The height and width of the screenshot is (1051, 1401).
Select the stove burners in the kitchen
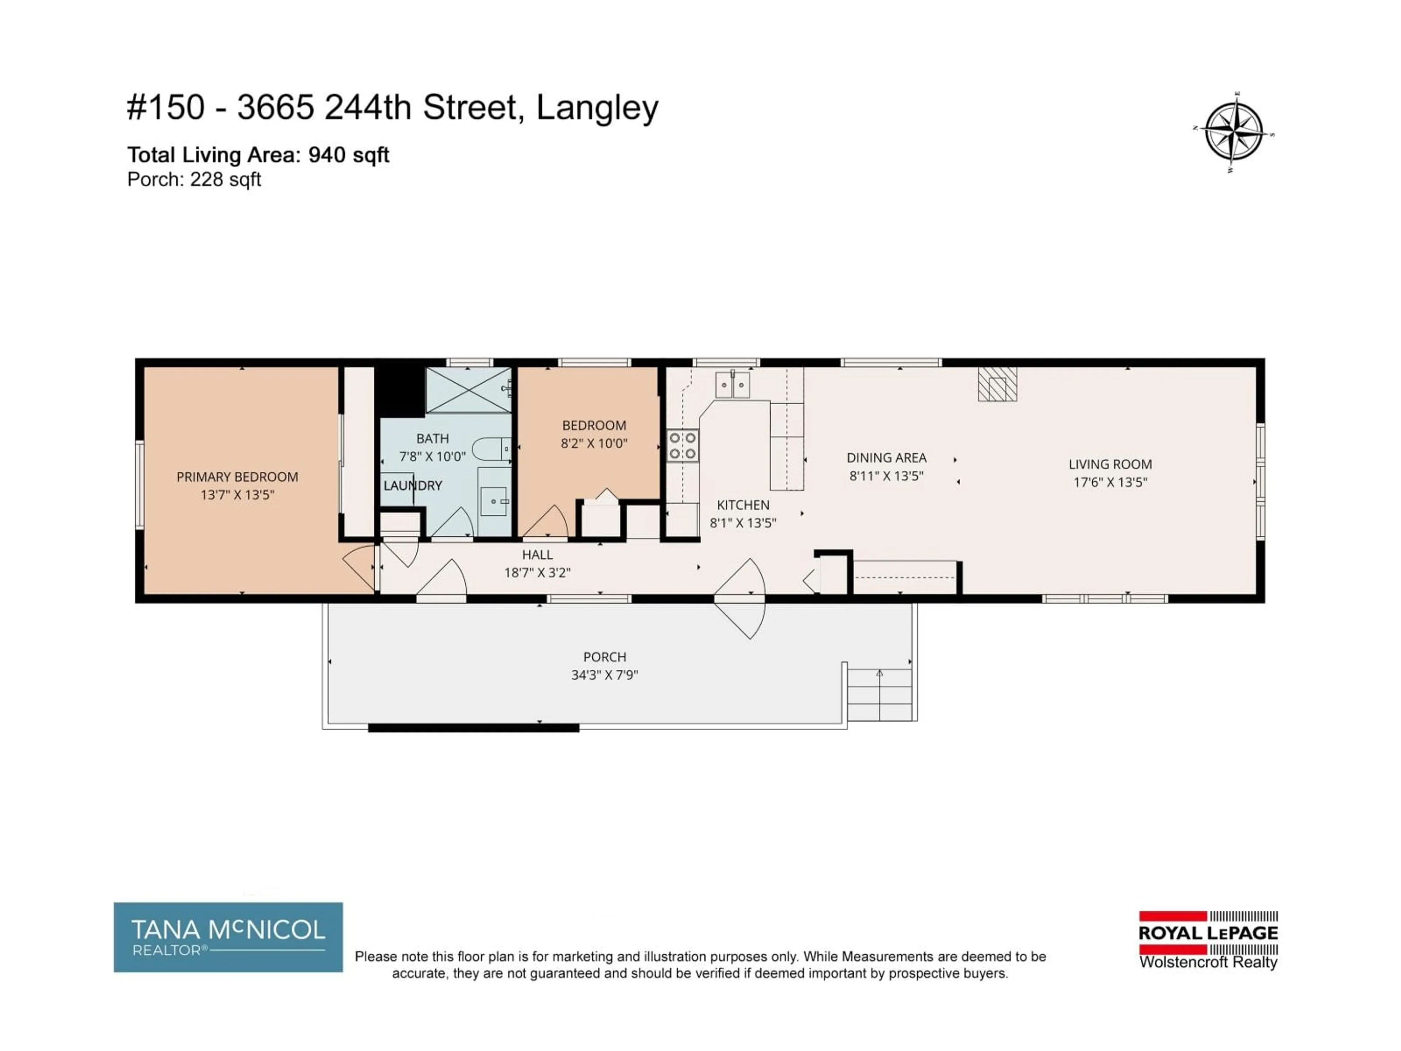(x=683, y=445)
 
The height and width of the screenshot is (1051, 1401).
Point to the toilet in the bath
(x=491, y=448)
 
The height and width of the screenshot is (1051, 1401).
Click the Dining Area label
(x=886, y=457)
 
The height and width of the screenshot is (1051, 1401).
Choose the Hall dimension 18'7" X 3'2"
(x=537, y=573)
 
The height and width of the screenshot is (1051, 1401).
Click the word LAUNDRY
(x=412, y=486)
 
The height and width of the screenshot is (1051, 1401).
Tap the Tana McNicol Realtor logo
(x=228, y=937)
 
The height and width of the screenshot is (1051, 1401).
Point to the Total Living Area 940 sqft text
(x=258, y=155)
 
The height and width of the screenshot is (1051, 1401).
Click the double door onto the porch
(x=740, y=598)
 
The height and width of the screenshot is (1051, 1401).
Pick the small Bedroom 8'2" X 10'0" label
(x=594, y=434)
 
